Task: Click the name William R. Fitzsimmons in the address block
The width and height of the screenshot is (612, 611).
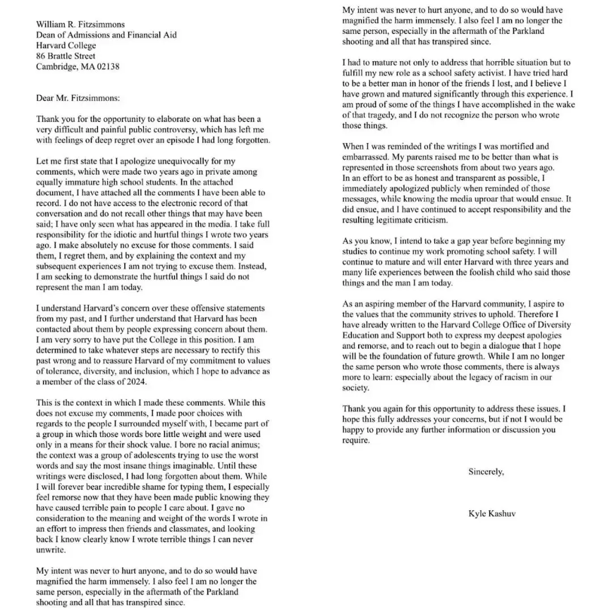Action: point(80,24)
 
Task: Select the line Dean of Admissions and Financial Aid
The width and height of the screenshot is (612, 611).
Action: point(107,35)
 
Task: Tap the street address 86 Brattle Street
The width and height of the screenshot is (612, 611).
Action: point(66,56)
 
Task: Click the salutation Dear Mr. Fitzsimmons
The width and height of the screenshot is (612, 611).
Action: point(78,97)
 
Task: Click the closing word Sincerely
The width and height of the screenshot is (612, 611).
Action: point(486,472)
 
